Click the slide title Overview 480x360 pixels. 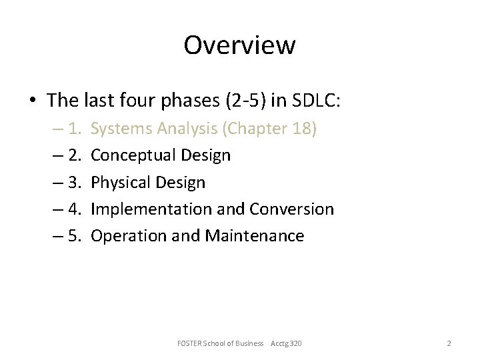[x=239, y=45]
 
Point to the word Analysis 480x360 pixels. [x=183, y=129]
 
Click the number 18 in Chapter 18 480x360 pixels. [x=299, y=129]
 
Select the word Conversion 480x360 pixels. [x=292, y=209]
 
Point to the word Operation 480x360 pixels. [x=124, y=235]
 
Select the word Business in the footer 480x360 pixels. [x=251, y=343]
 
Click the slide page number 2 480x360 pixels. [x=449, y=343]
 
